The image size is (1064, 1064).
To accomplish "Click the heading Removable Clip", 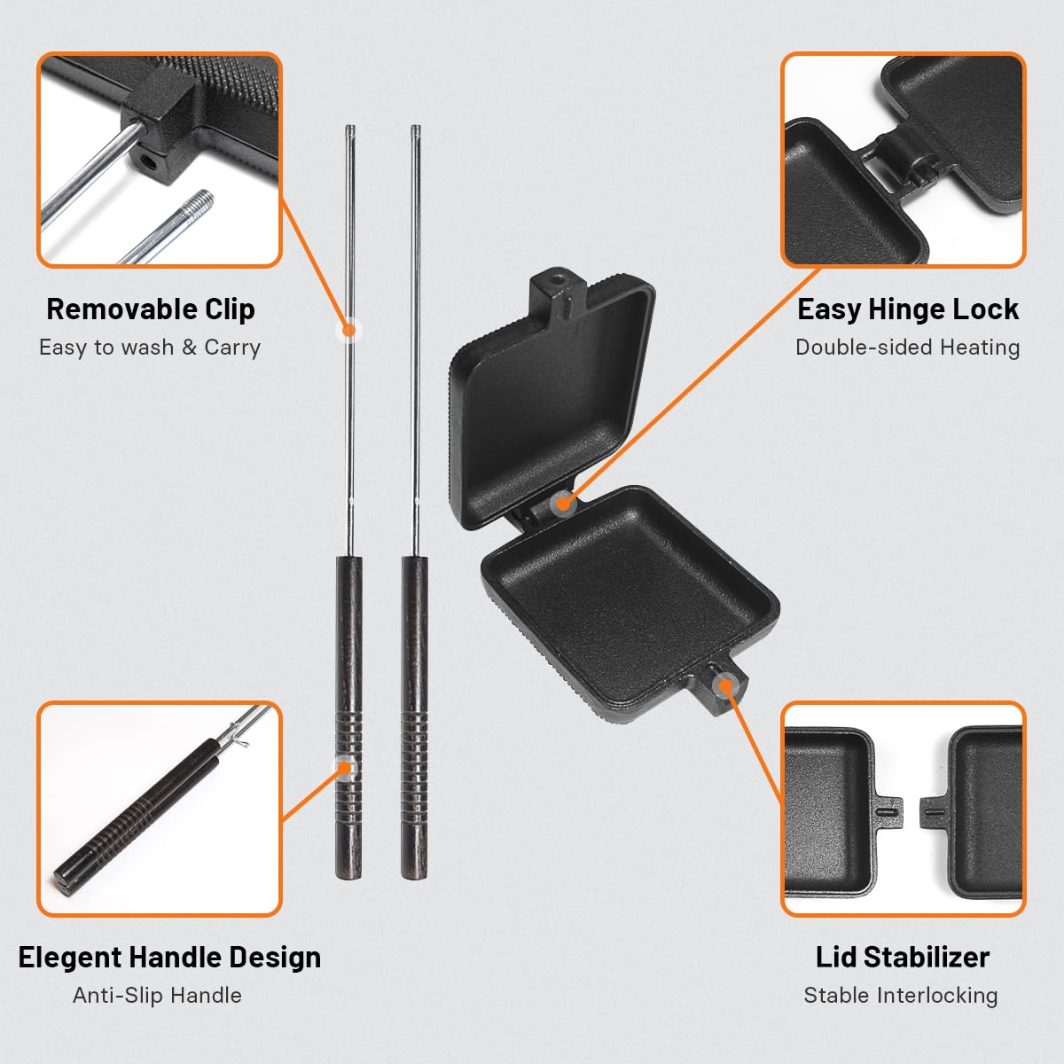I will pyautogui.click(x=151, y=309).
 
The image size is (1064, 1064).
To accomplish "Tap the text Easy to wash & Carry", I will pyautogui.click(x=150, y=348).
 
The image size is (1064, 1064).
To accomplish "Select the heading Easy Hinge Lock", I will pyautogui.click(x=908, y=309).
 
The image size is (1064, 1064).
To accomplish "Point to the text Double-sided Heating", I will pyautogui.click(x=907, y=348).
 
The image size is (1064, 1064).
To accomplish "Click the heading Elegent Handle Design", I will pyautogui.click(x=169, y=958).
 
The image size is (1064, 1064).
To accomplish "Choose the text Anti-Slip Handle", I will pyautogui.click(x=157, y=996).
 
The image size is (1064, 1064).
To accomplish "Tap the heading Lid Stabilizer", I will pyautogui.click(x=903, y=958).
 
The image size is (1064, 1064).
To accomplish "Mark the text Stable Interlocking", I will pyautogui.click(x=901, y=996).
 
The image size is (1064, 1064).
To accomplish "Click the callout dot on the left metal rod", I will pyautogui.click(x=349, y=330).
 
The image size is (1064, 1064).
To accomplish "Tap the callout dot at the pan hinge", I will pyautogui.click(x=562, y=504).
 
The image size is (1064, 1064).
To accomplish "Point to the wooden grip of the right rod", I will pyautogui.click(x=415, y=718).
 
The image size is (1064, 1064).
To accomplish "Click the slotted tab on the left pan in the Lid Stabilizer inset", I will pyautogui.click(x=888, y=811).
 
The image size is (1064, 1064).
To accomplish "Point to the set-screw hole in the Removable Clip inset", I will pyautogui.click(x=148, y=162).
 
